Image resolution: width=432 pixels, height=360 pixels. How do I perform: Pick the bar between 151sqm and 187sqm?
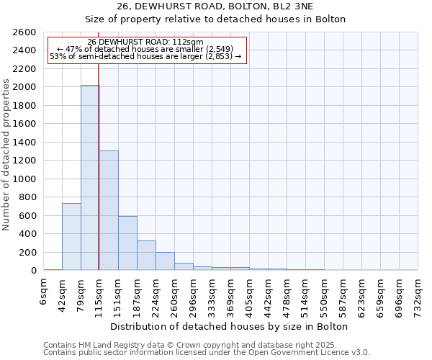[x=127, y=243]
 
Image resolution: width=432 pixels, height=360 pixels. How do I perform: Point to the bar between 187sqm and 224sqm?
[x=146, y=256]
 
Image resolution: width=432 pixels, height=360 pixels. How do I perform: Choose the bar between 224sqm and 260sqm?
[x=165, y=261]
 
